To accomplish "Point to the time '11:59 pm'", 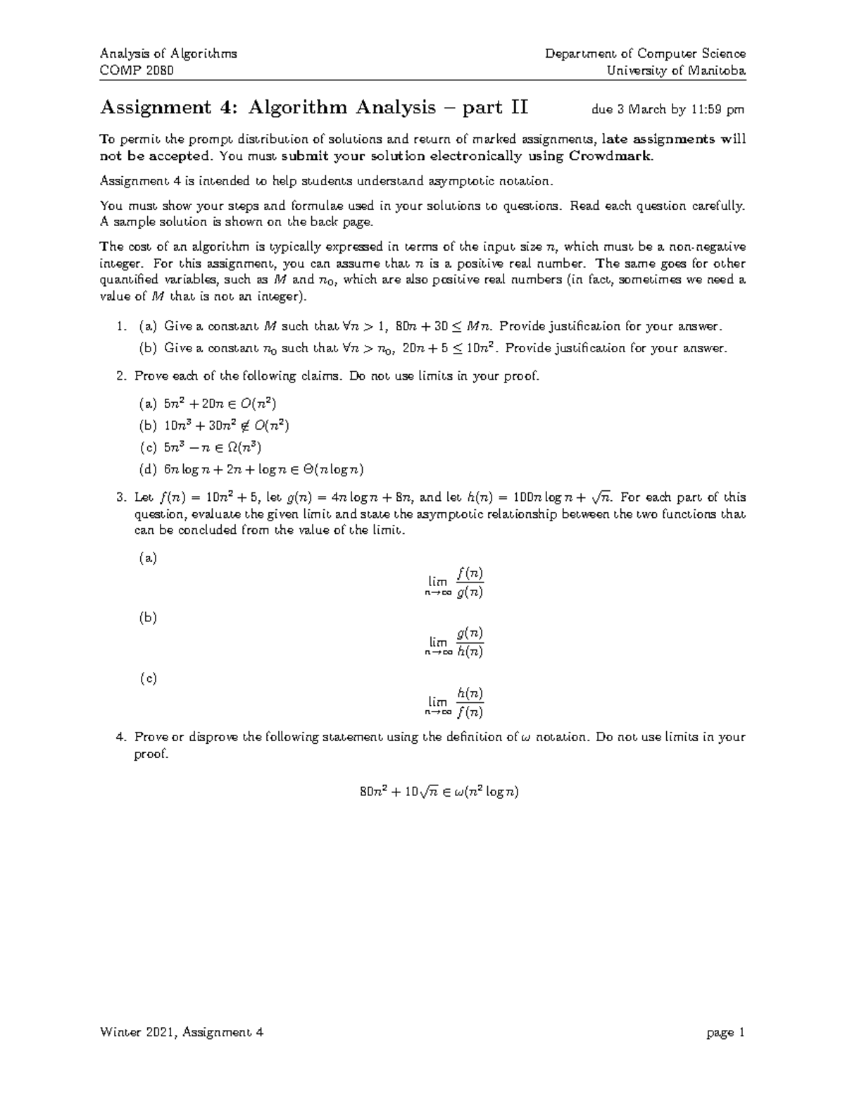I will point(716,110).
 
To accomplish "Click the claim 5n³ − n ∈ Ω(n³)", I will point(213,447).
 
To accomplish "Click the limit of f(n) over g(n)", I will point(455,583).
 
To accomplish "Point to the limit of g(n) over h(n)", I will point(455,642).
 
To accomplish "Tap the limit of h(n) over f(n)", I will point(455,702).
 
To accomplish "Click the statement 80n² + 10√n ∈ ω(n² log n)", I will point(439,792).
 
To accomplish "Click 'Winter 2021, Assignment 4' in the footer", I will point(182,1033).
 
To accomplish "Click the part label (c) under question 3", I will point(148,678).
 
